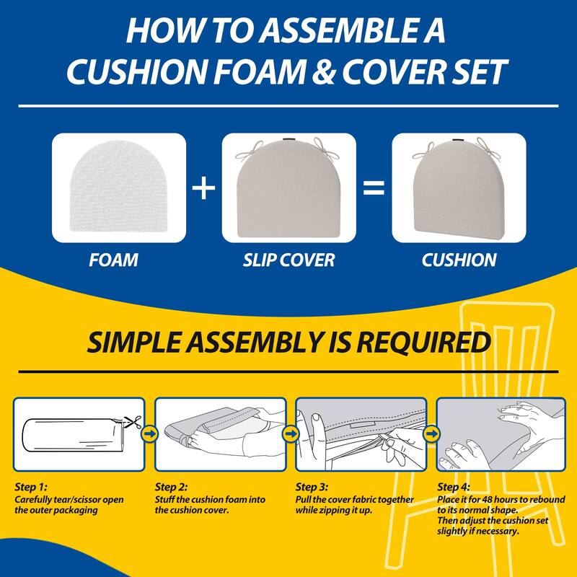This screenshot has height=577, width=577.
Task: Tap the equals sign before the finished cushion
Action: [x=373, y=189]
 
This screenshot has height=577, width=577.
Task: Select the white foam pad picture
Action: [x=118, y=189]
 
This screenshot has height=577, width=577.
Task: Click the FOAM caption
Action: [x=114, y=259]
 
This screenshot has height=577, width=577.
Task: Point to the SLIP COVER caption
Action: [x=288, y=259]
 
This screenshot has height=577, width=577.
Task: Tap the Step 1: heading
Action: [x=32, y=487]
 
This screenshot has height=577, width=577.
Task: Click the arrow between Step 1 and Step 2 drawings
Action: [x=149, y=433]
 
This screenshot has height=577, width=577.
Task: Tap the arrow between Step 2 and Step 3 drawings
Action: [x=291, y=433]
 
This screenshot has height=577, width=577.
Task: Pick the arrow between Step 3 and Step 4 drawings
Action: [x=431, y=433]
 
